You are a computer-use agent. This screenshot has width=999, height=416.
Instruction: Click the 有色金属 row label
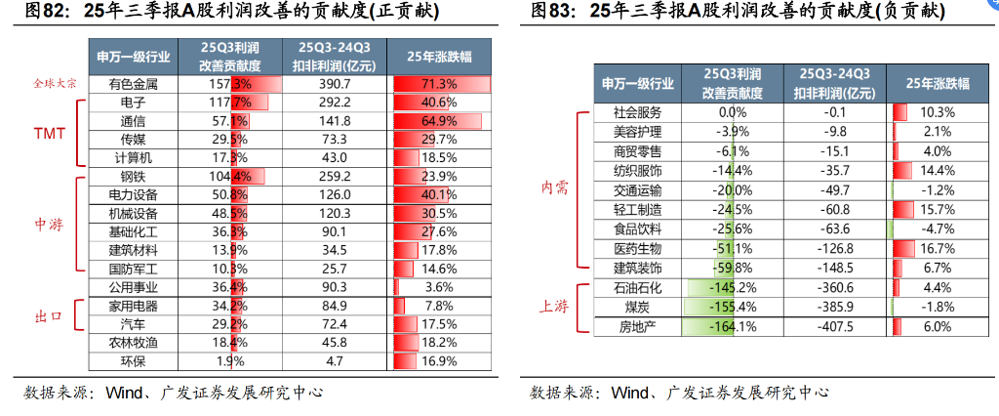tap(133, 85)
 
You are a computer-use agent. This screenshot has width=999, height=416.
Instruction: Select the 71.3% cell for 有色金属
tap(439, 85)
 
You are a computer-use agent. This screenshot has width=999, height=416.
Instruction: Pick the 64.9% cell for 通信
tap(439, 121)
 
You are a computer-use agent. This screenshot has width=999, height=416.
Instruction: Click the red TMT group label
tap(49, 132)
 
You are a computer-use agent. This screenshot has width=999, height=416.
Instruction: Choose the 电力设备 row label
tap(133, 195)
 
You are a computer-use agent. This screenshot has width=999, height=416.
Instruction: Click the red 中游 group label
tap(49, 224)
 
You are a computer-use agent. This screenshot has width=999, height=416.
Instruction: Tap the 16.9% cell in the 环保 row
tap(439, 361)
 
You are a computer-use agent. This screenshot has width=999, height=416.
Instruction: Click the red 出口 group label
tap(49, 315)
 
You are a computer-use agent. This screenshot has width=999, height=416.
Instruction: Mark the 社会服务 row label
tap(637, 112)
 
